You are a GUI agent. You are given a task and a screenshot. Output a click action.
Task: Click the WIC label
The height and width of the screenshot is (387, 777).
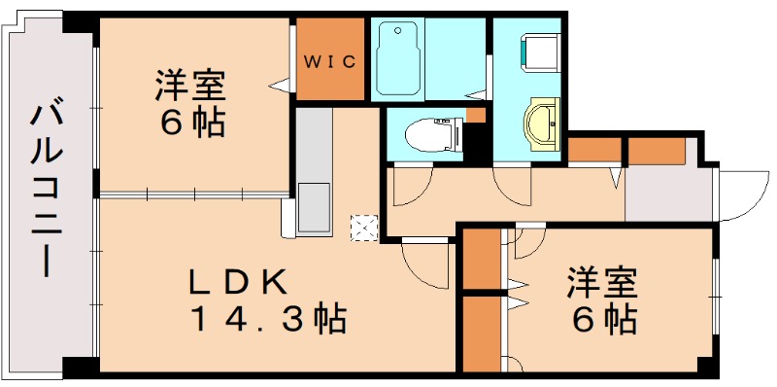click(x=330, y=61)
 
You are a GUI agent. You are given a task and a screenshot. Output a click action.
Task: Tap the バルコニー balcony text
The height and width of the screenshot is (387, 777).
click(x=45, y=189)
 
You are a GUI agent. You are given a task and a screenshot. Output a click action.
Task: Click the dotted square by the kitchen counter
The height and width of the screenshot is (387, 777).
click(x=364, y=229)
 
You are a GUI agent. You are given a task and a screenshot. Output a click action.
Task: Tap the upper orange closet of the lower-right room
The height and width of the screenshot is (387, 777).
click(x=480, y=259)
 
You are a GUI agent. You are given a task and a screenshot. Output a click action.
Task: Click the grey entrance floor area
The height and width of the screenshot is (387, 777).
click(x=670, y=194)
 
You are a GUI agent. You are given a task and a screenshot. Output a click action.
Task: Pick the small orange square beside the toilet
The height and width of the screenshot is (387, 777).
click(x=474, y=116)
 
